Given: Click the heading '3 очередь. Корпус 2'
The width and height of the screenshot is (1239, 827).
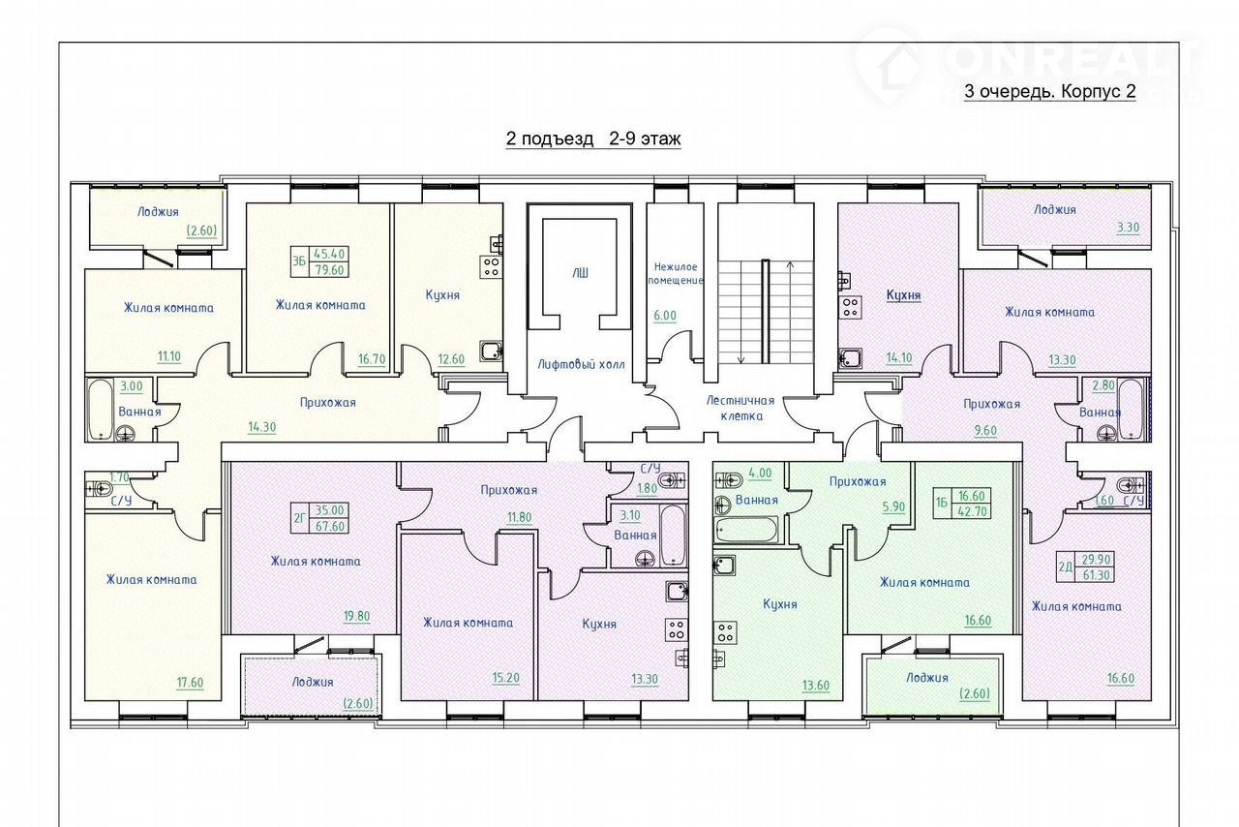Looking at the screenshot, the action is tap(1050, 91).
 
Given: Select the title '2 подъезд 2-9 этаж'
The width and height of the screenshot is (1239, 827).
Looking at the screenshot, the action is tap(593, 138).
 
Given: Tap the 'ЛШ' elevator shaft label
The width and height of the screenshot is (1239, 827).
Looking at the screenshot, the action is tap(580, 272).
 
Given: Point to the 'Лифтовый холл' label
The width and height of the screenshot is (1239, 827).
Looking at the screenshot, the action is tap(582, 364).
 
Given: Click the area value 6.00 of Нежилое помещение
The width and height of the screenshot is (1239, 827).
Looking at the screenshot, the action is tap(665, 316).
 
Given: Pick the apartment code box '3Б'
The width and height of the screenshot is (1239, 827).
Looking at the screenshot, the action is tap(299, 261).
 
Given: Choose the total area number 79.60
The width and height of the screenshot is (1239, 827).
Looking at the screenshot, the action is tap(329, 269).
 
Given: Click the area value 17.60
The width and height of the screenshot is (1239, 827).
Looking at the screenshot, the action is tap(190, 683).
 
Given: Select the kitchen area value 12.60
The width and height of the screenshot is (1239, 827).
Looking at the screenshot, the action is tap(451, 359).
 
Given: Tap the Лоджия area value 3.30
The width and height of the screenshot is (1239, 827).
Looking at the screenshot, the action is tap(1128, 228).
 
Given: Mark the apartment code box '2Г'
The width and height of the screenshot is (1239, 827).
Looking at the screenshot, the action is tap(299, 518).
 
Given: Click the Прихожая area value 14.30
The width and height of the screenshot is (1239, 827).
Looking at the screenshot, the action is tap(261, 427).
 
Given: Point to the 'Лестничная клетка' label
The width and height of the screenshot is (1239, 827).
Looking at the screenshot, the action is tap(740, 408).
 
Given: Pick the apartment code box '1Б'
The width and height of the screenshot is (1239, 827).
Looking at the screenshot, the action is tap(942, 503).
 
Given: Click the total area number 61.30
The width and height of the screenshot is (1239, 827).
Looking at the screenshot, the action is tap(1097, 575).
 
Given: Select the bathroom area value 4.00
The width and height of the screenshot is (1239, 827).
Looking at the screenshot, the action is tap(760, 474).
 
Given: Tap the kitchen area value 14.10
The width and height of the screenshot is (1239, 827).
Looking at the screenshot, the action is tap(899, 358).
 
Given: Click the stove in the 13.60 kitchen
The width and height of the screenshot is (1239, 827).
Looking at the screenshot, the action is tap(725, 632).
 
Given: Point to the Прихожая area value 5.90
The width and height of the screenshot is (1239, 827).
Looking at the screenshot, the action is tap(893, 506).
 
